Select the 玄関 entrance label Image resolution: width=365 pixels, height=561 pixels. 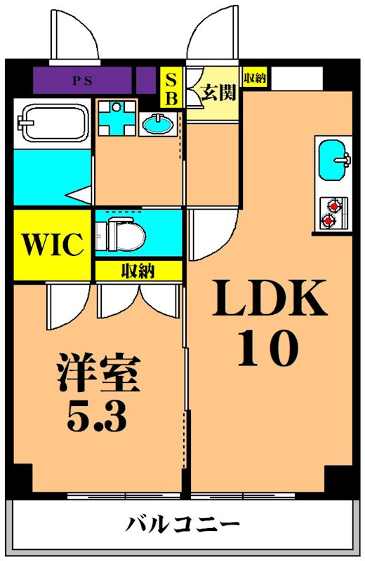click(x=218, y=93)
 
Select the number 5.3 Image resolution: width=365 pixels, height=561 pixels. click(x=97, y=418)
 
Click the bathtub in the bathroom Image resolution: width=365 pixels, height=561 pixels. click(x=53, y=123)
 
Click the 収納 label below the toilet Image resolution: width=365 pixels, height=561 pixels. click(x=138, y=271)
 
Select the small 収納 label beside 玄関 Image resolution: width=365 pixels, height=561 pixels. click(x=254, y=78)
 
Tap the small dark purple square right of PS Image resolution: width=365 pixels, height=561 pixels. click(x=146, y=81)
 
